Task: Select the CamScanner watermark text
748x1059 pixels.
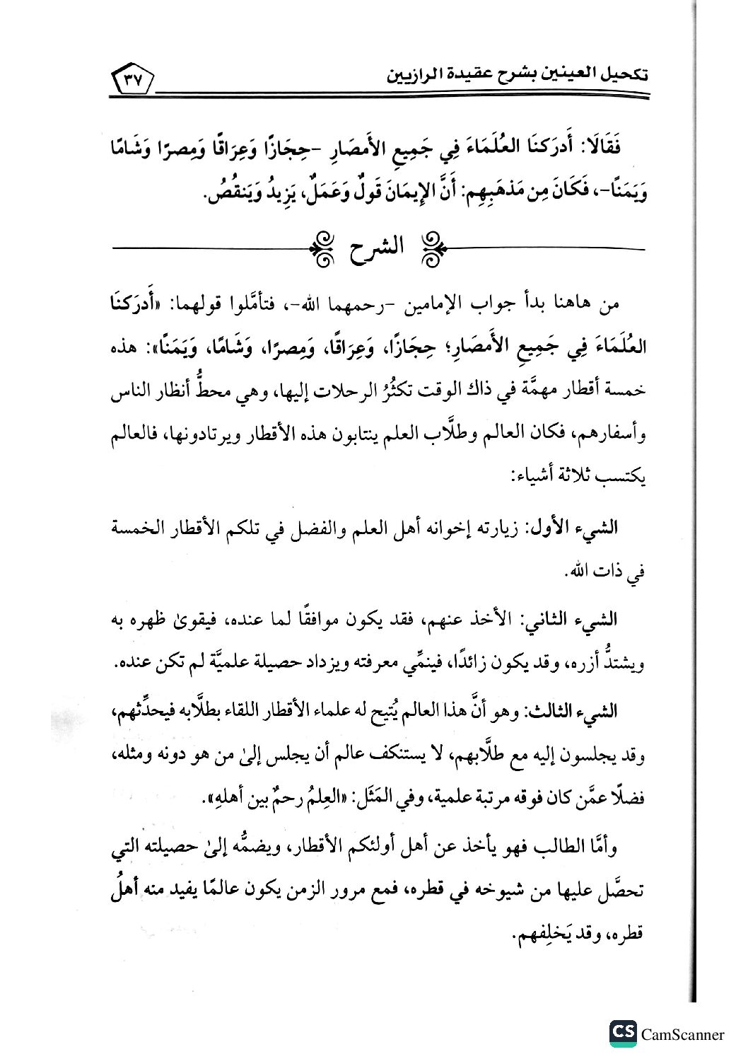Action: click(682, 1034)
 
